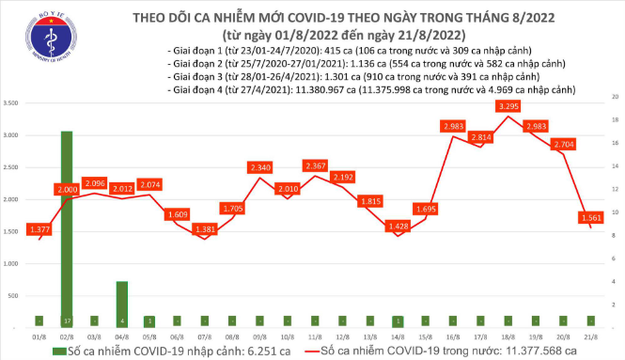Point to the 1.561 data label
pos(592,218)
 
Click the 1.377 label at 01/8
pos(39,229)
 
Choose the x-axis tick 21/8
pos(590,336)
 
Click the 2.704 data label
pos(564,145)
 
